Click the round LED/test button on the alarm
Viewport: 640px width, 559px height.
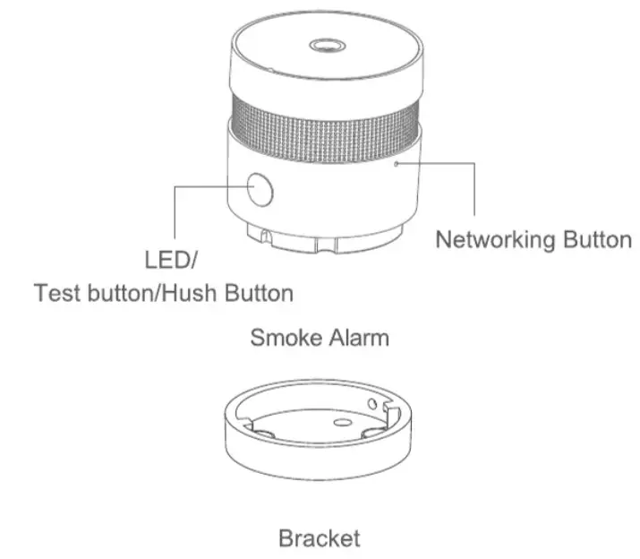click(260, 189)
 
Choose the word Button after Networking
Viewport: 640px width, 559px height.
click(598, 240)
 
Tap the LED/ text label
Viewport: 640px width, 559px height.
click(169, 262)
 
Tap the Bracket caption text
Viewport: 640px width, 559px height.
click(320, 538)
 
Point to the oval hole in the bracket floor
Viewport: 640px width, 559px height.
click(340, 422)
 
